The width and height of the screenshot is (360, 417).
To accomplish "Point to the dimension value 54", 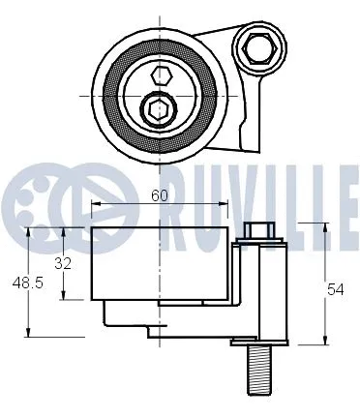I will point(334,288).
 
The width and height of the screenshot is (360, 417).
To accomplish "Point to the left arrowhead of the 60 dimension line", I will point(95,204).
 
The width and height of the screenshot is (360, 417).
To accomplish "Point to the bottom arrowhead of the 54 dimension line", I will point(322,341).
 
